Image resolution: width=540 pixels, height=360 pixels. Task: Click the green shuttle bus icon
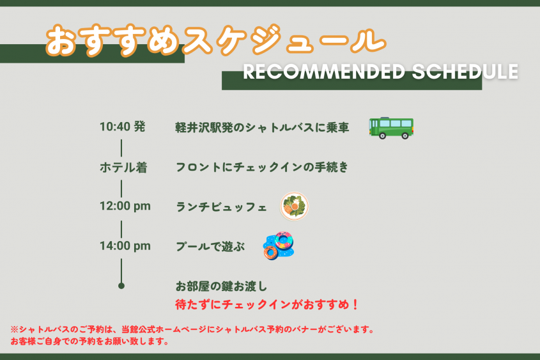pos(391,128)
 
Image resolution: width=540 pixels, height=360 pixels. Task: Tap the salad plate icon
pos(294,207)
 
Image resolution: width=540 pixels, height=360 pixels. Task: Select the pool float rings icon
pos(279,246)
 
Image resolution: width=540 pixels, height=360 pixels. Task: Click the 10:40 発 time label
pos(122,127)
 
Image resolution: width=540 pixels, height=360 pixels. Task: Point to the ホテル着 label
pos(123,168)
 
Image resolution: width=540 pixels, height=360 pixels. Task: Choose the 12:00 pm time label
pos(125,206)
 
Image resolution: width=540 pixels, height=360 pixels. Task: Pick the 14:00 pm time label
pos(125,246)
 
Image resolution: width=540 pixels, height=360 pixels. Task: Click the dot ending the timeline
pos(121,286)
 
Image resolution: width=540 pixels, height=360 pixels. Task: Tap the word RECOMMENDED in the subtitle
pos(324,72)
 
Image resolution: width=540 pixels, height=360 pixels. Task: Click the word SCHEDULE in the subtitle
pos(465,72)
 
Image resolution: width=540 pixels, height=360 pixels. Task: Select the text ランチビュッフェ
pos(221,207)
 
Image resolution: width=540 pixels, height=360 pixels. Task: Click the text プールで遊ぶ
pos(210,246)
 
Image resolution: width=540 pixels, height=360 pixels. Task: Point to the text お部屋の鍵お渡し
pos(221,286)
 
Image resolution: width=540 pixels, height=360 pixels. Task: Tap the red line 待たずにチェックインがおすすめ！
pos(267,304)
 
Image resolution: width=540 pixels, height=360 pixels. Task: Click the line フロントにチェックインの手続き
pos(262,167)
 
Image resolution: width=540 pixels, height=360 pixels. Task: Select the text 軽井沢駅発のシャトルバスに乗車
pos(262,127)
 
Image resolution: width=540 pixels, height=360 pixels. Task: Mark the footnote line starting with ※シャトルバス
pos(192,329)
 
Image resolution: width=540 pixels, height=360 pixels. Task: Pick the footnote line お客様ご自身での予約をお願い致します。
pos(89,341)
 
